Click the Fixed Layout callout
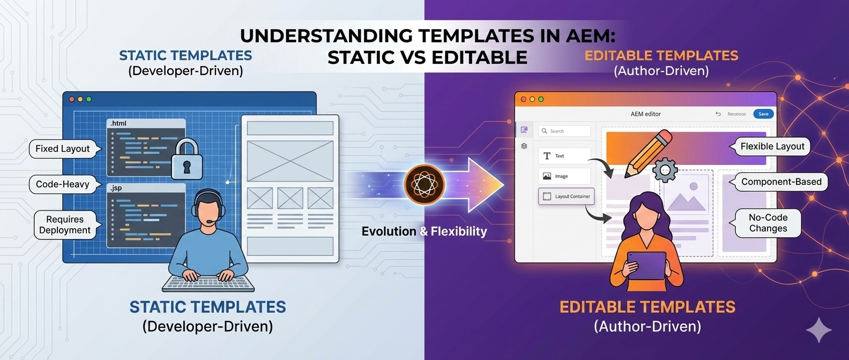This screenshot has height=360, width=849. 63,149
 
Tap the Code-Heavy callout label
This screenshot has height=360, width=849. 63,184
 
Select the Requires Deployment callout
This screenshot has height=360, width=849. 65,225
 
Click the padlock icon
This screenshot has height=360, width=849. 186,160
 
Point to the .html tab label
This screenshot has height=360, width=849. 118,124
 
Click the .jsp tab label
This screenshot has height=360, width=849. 116,188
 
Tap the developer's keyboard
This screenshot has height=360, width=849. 208,282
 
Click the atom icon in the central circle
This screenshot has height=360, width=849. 424,185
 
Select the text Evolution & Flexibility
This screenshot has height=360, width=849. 424,231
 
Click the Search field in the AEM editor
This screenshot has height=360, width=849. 564,131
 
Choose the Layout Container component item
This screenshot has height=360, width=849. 566,197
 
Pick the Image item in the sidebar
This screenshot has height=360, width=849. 564,176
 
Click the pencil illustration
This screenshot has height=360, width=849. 648,154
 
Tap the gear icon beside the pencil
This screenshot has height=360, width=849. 665,170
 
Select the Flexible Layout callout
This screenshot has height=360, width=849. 772,146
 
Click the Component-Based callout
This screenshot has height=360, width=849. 781,182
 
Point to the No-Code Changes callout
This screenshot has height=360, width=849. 768,223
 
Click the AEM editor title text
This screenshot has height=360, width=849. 645,114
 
